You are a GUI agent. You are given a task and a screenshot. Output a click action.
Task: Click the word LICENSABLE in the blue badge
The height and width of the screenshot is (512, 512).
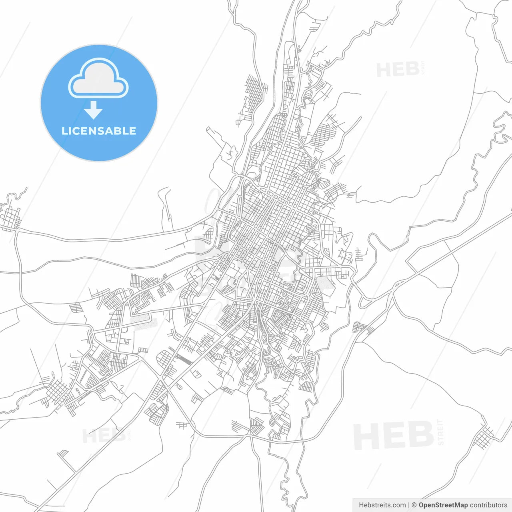(x=99, y=131)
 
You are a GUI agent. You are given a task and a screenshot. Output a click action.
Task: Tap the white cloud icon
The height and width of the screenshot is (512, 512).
(x=98, y=78)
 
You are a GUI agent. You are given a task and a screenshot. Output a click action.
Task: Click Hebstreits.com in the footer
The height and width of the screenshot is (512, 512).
(x=382, y=505)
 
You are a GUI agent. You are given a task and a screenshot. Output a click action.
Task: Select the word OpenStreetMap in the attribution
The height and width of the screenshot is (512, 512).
(x=443, y=505)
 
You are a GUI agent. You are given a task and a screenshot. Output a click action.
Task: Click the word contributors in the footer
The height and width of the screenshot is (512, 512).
(x=488, y=505)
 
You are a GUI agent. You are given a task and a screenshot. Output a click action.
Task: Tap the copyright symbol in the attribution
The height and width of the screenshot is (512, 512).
(x=414, y=505)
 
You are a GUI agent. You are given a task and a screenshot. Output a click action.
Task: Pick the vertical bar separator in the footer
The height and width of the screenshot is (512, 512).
(x=408, y=505)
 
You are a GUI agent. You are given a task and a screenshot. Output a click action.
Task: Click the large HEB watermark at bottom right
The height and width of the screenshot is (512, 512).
(x=394, y=435)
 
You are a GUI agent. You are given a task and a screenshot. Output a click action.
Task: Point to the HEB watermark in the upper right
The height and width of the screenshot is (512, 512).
(x=398, y=70)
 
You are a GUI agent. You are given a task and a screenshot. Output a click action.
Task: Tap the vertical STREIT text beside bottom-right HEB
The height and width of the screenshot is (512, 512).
(x=441, y=432)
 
